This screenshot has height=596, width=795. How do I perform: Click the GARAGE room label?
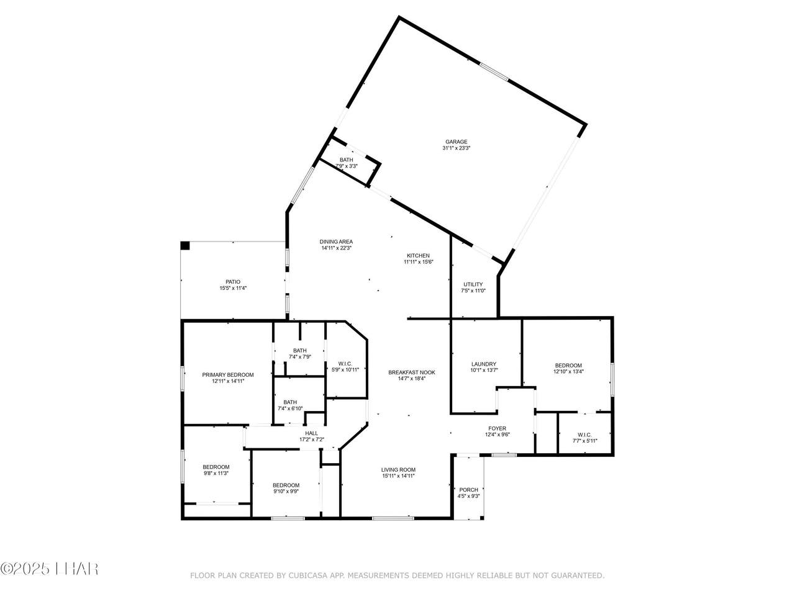[456, 142]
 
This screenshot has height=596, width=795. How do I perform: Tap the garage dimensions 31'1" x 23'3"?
[456, 148]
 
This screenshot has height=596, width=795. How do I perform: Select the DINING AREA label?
[336, 242]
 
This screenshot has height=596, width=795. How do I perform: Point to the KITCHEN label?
[419, 256]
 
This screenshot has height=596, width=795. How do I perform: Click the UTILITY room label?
[473, 284]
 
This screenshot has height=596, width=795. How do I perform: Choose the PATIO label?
[233, 282]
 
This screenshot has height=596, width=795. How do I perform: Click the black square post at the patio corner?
[185, 246]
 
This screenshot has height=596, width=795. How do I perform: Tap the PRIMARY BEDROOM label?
[228, 375]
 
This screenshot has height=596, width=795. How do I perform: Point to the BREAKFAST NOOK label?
[411, 372]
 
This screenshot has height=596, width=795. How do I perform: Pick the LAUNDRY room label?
[484, 364]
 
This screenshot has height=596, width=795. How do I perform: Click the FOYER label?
[497, 428]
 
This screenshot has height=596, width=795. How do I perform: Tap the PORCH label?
[469, 490]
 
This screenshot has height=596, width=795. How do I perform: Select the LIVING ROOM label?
[398, 470]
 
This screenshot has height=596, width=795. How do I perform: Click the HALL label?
[312, 433]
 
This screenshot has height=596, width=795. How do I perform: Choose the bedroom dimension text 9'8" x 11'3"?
[216, 473]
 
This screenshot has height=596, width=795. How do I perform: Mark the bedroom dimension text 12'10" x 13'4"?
[568, 371]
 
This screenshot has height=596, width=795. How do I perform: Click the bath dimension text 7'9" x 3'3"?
[346, 166]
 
